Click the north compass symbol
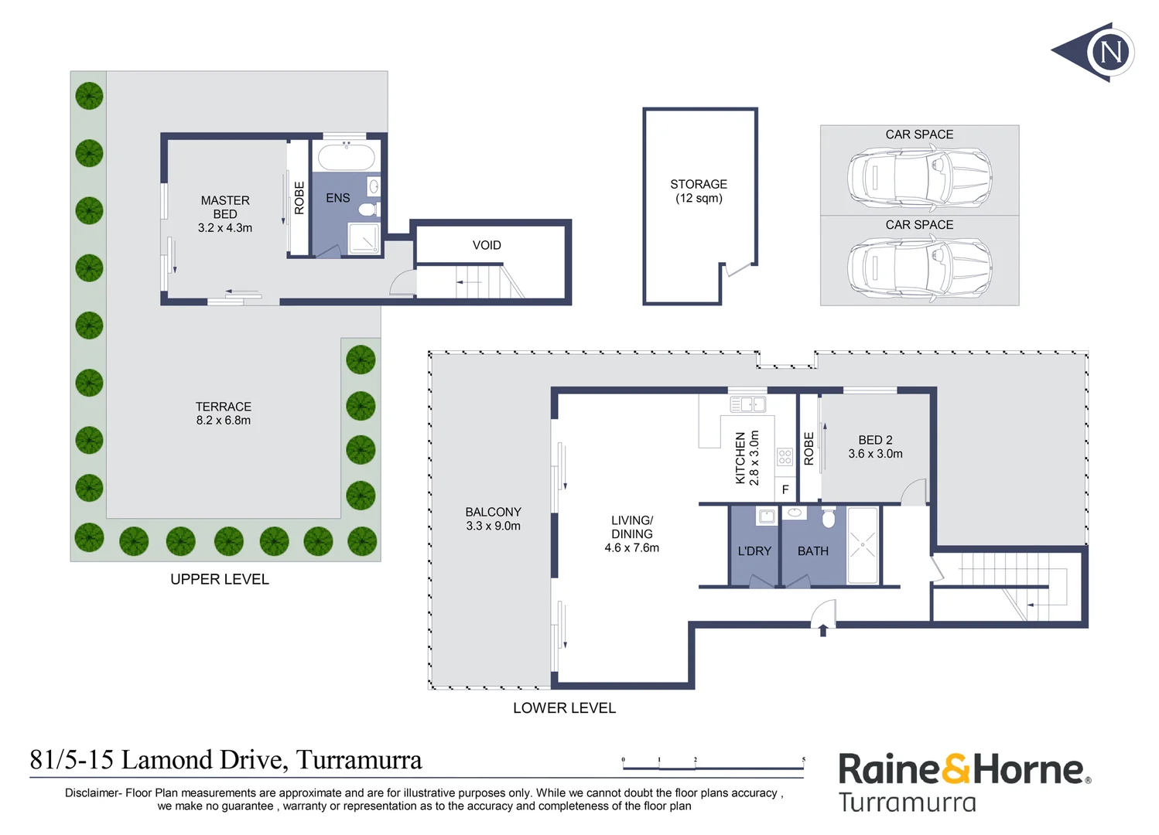pos(1099,52)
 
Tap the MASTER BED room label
pos(225,213)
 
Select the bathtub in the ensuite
pos(346,157)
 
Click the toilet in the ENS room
pos(368,209)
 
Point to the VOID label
pos(487,245)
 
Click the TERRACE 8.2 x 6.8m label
pos(223,414)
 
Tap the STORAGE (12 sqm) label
pos(699,191)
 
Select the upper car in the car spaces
pos(919,177)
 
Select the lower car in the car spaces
pos(919,268)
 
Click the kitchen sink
pos(747,404)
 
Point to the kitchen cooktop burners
pos(785,457)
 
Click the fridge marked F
pos(785,489)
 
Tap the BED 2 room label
pos(875,447)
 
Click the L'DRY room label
pos(754,551)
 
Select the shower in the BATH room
pos(863,545)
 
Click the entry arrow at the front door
pos(823,630)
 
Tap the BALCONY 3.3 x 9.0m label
pos(493,519)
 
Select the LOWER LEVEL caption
pos(564,708)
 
